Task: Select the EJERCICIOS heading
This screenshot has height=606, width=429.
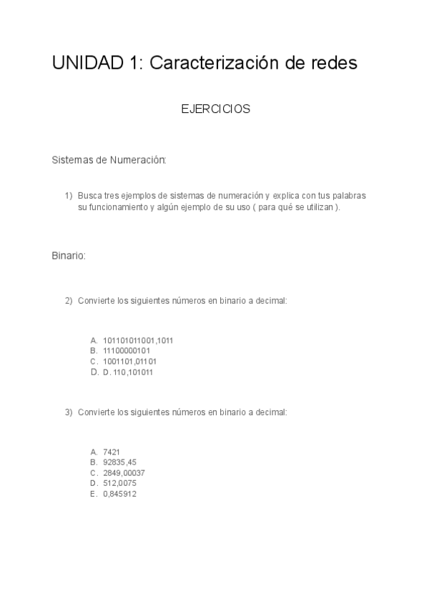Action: pyautogui.click(x=215, y=109)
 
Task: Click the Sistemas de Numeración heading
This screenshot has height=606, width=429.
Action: pyautogui.click(x=109, y=160)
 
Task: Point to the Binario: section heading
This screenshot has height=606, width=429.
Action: pyautogui.click(x=69, y=255)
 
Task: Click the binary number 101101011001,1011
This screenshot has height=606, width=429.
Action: pyautogui.click(x=138, y=340)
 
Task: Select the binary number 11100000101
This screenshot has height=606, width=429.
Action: pyautogui.click(x=127, y=351)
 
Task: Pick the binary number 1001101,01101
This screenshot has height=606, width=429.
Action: pyautogui.click(x=130, y=362)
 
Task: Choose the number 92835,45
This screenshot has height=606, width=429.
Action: pyautogui.click(x=119, y=462)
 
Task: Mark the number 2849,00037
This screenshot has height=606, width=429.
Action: pyautogui.click(x=124, y=473)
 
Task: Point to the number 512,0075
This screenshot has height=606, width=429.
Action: pyautogui.click(x=119, y=483)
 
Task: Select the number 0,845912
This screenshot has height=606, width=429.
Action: pyautogui.click(x=119, y=494)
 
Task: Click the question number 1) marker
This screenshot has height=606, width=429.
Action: pyautogui.click(x=69, y=195)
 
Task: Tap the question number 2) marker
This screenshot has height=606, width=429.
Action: pyautogui.click(x=69, y=301)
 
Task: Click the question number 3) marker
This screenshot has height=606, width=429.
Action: pyautogui.click(x=69, y=412)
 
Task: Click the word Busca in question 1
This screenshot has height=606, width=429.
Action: pyautogui.click(x=89, y=195)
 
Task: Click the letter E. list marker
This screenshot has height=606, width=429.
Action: pyautogui.click(x=94, y=494)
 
